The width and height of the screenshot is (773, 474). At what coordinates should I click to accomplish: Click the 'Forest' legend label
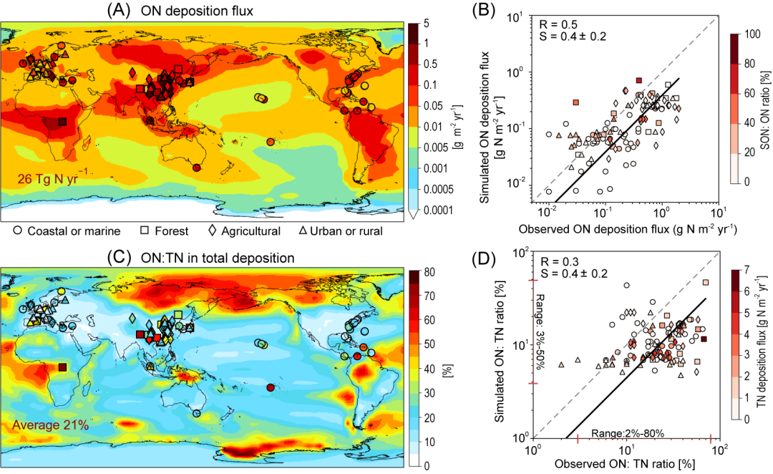pyautogui.click(x=174, y=231)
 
